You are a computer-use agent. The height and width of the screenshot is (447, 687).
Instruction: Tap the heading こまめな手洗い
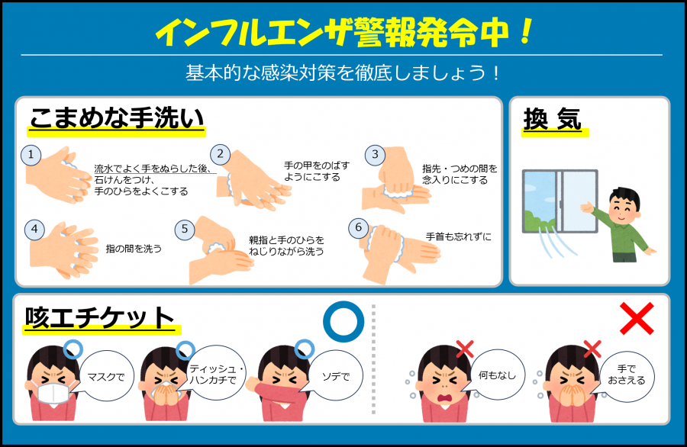(x=116, y=119)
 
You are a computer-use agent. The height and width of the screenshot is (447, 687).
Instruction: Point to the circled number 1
(x=31, y=156)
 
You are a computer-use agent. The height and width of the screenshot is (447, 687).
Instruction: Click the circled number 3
(x=375, y=156)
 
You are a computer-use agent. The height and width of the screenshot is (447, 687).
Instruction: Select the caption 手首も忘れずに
(x=458, y=236)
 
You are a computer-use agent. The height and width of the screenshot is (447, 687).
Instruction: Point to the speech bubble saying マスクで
(x=107, y=376)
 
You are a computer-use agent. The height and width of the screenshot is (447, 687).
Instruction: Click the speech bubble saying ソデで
(x=334, y=376)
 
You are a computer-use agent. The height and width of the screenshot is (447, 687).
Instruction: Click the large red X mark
(x=637, y=317)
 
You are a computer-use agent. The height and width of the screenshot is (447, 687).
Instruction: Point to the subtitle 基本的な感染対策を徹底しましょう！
(x=343, y=73)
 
